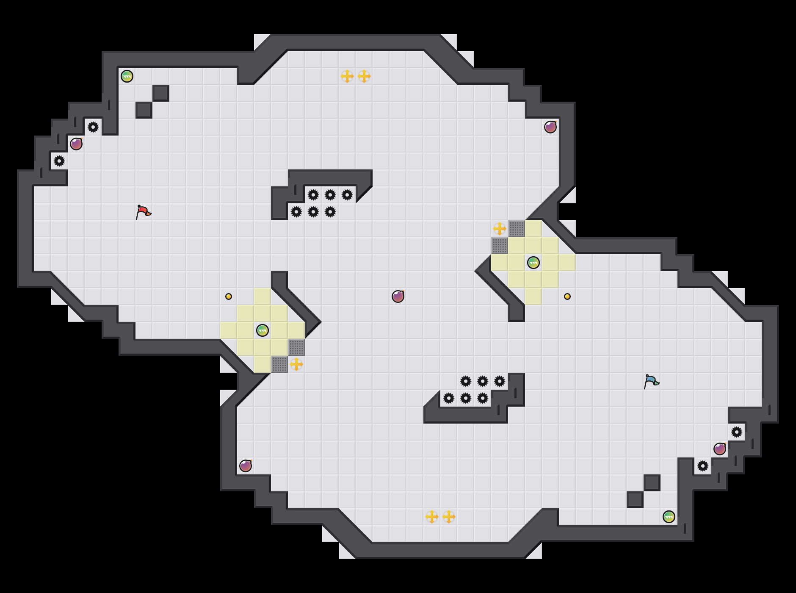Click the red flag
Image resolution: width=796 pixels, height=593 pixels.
tap(143, 212)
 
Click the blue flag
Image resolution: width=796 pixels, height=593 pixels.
tap(651, 381)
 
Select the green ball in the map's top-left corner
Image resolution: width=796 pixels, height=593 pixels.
tap(127, 76)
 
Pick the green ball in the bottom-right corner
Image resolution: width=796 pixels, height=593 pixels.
tap(669, 517)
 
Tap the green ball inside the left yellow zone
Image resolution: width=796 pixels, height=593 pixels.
tap(263, 330)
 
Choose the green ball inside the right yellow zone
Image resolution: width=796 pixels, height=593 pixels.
tap(533, 263)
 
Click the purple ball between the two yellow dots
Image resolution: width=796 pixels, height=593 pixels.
tap(398, 296)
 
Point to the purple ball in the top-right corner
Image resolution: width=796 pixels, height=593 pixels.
tap(550, 127)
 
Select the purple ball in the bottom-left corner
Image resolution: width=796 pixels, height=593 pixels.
tap(246, 466)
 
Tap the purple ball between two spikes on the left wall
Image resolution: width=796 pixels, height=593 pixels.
tap(76, 144)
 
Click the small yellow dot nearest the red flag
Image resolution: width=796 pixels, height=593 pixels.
tap(229, 296)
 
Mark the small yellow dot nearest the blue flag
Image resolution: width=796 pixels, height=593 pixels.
tap(567, 296)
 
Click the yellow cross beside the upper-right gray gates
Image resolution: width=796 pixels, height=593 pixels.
tap(500, 229)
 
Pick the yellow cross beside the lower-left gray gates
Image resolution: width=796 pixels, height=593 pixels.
tap(296, 364)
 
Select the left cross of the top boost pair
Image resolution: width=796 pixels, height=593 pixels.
tap(347, 76)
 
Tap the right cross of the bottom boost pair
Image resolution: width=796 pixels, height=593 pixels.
tap(449, 517)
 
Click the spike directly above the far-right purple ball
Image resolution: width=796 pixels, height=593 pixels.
tap(737, 432)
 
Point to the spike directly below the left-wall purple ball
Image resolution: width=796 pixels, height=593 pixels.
tap(59, 161)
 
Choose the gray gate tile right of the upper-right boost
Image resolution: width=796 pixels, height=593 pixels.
tap(517, 229)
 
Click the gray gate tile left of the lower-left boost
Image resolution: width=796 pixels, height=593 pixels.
tap(279, 364)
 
